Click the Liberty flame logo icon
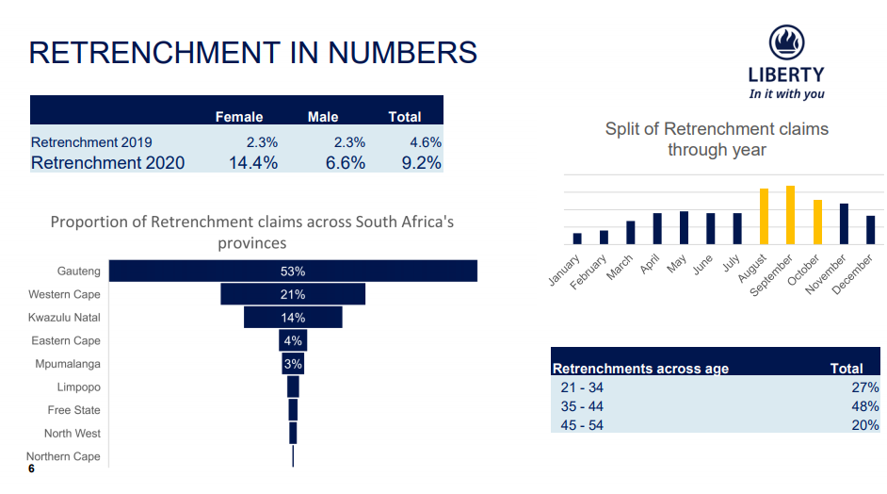tap(786, 43)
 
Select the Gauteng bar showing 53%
tap(293, 271)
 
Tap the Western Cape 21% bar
tap(293, 294)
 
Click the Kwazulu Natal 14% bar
tap(293, 318)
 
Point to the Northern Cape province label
tap(63, 456)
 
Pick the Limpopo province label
tap(78, 387)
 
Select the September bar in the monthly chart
tap(790, 215)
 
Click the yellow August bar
tap(764, 217)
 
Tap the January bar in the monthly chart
tap(577, 239)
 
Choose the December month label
tap(854, 273)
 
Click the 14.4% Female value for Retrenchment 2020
tap(252, 163)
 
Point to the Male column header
tap(323, 117)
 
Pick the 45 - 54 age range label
tap(582, 425)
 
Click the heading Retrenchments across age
tap(640, 369)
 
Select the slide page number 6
tap(31, 469)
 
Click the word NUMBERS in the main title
tap(402, 53)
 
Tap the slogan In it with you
tap(786, 94)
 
